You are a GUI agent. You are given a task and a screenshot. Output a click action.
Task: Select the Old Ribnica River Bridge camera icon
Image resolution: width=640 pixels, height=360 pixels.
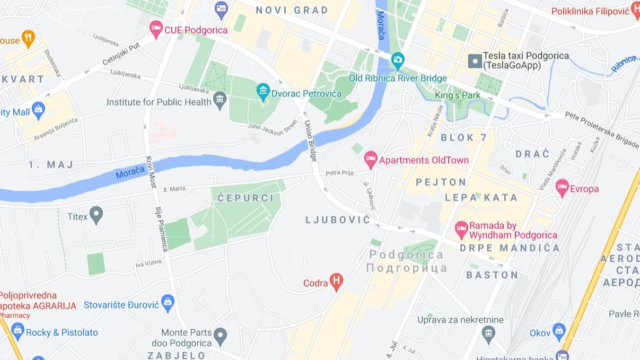point(398,60)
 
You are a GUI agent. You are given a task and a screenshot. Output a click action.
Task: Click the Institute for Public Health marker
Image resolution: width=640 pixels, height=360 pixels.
point(220,100)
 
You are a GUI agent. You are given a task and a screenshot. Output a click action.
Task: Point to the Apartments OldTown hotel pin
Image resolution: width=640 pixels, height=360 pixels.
point(371,159)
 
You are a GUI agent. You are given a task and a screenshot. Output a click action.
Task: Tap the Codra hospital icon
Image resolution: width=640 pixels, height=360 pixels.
point(336,282)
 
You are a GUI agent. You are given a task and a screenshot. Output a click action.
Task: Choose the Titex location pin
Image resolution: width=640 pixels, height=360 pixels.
point(96,215)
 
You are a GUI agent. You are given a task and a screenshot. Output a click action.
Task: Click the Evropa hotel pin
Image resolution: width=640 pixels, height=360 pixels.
point(562,187)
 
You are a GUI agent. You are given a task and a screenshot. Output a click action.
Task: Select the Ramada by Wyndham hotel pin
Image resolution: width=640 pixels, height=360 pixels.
point(461,229)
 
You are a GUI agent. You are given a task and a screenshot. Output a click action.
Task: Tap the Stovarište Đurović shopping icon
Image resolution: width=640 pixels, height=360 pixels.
point(168,303)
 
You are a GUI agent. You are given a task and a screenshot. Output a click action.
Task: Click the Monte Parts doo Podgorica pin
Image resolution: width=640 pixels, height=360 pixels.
point(220,335)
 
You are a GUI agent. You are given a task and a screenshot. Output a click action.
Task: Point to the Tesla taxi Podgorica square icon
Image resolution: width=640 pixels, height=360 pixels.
point(475,60)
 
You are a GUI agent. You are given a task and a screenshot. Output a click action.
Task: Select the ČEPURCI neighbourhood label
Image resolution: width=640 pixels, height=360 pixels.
point(246,198)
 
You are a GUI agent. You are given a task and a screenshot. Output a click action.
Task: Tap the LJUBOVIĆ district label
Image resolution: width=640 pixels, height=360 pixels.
point(338,219)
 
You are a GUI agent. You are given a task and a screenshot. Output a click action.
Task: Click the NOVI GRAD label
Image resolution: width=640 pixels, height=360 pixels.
point(292,10)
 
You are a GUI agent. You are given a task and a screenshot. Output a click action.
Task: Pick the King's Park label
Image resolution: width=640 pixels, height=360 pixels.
point(458,95)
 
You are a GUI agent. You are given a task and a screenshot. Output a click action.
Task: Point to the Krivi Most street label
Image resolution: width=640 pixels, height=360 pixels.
point(152,173)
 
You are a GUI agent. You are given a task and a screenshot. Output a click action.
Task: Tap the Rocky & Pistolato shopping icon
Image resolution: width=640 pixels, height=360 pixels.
point(17,331)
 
